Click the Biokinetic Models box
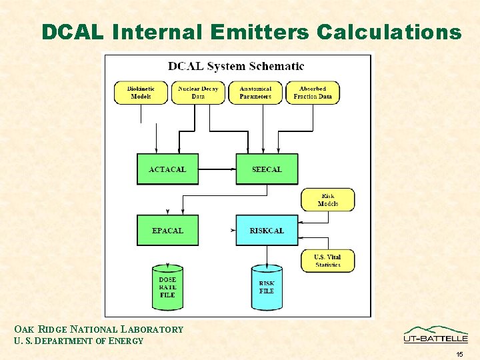click(141, 93)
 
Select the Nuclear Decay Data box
click(198, 93)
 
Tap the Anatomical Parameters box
click(255, 93)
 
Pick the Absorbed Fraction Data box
click(313, 93)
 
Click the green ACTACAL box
click(167, 169)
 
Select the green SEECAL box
click(267, 169)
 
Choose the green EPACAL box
click(167, 231)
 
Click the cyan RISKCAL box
click(267, 231)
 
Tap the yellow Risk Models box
click(328, 200)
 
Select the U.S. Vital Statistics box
click(328, 261)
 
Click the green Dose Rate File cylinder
click(167, 288)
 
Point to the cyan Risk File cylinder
click(267, 288)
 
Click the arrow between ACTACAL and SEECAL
click(217, 169)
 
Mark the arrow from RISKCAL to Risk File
click(267, 255)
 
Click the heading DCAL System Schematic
click(236, 66)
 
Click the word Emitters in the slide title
click(259, 32)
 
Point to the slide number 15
click(459, 354)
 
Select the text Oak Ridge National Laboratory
click(99, 329)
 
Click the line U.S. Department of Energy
click(79, 341)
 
